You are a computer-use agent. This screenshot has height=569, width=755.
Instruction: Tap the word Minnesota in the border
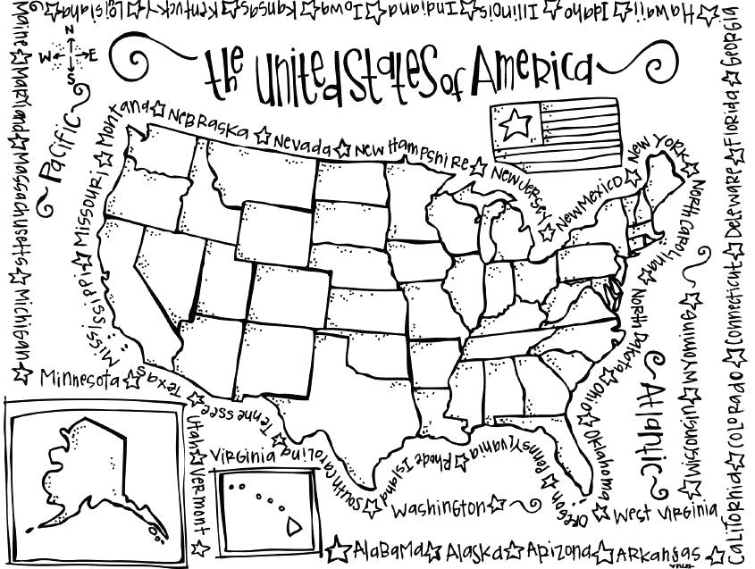coord(78,378)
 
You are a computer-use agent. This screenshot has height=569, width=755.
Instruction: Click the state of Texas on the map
coord(357,393)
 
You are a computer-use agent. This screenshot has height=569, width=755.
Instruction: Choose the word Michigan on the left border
coord(21,322)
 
